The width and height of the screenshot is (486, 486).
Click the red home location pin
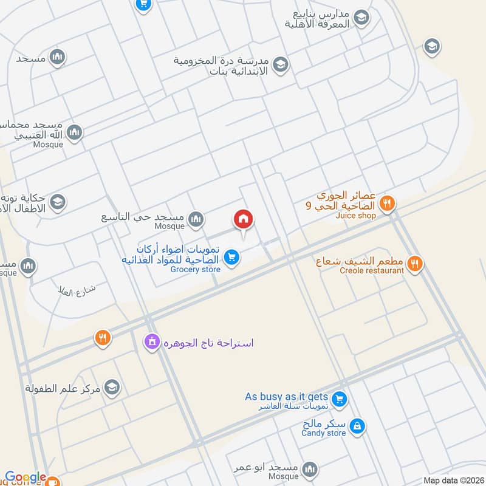(x=244, y=219)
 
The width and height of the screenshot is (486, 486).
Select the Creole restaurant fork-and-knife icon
(x=415, y=263)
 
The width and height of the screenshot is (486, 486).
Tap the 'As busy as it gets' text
(x=286, y=397)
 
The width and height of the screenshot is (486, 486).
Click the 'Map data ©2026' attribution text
(x=453, y=481)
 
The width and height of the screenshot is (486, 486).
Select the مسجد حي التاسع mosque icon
(x=195, y=220)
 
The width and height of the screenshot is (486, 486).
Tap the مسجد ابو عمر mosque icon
(x=310, y=468)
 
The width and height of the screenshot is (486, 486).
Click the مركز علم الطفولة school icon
(x=112, y=386)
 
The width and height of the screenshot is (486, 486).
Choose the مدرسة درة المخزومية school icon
(x=280, y=64)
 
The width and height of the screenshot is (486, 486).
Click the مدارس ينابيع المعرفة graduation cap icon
(x=361, y=18)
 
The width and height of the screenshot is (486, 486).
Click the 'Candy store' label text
(x=324, y=433)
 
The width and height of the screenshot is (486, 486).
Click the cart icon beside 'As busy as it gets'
(x=340, y=399)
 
